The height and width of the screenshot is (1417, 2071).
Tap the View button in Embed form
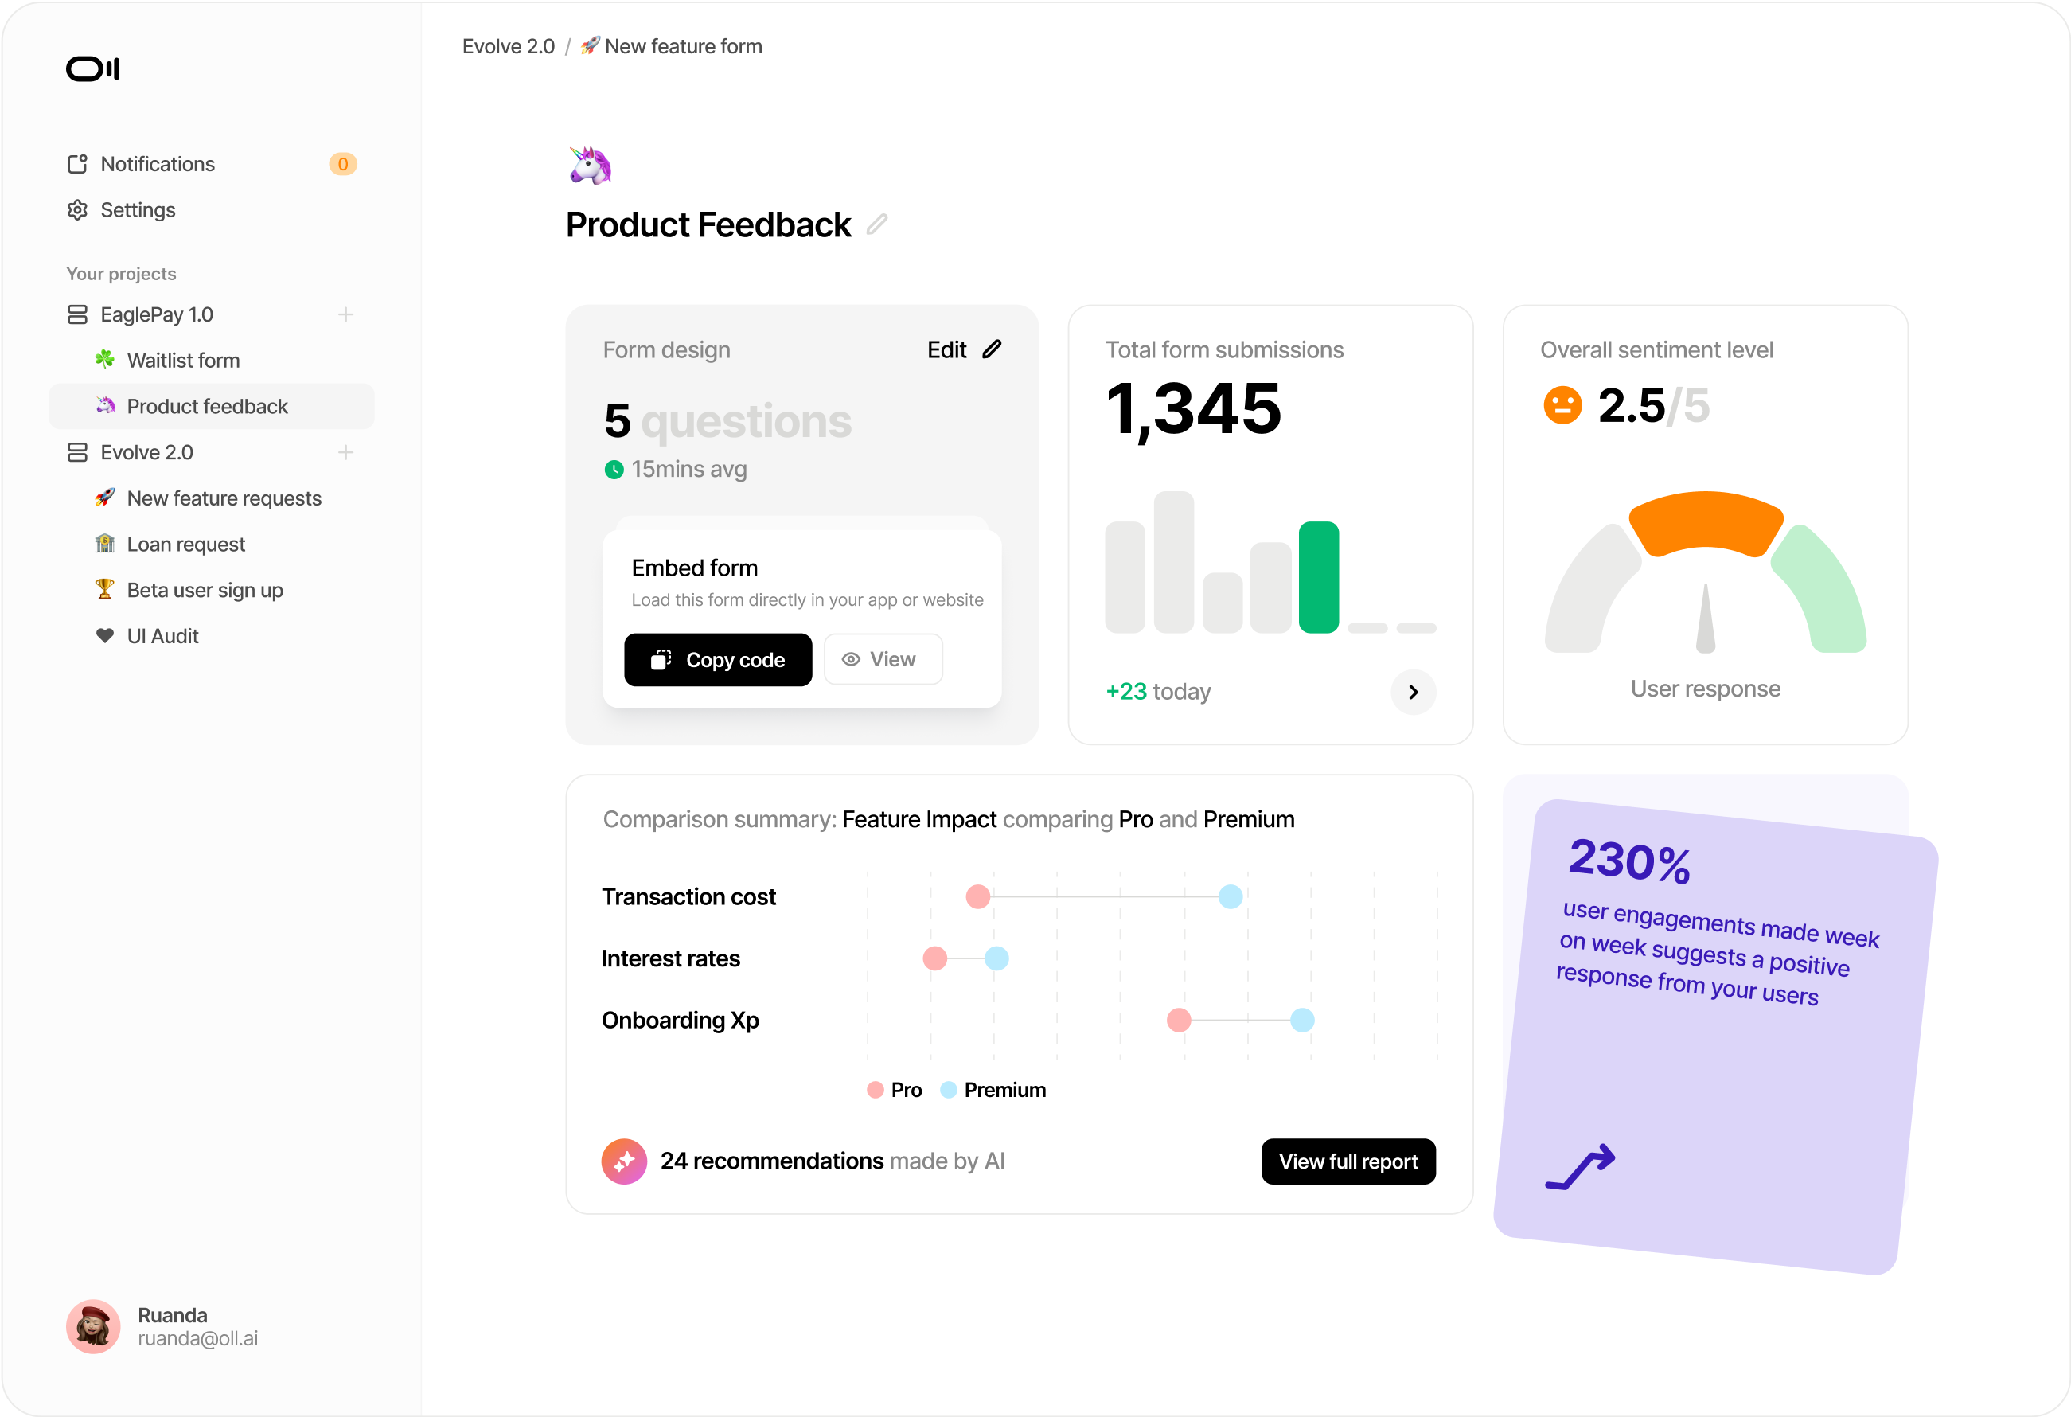coord(882,659)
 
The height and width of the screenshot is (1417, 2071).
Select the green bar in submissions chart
coord(1318,577)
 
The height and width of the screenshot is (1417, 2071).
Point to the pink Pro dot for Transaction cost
coord(977,896)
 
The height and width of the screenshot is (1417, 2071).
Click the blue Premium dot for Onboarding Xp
coord(1302,1021)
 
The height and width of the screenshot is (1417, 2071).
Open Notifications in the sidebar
coord(157,164)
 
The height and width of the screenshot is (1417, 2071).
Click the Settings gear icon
coord(77,210)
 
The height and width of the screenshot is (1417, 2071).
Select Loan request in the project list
coord(185,545)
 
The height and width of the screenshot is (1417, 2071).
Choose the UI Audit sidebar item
coord(162,636)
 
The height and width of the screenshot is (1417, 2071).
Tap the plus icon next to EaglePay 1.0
coord(345,314)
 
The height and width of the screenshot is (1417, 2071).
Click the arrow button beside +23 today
coord(1413,693)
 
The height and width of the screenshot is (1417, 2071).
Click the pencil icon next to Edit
coord(992,349)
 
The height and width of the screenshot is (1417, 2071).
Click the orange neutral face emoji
coord(1562,405)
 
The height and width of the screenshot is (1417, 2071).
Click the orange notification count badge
coord(343,164)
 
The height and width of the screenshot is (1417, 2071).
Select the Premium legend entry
coord(993,1090)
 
